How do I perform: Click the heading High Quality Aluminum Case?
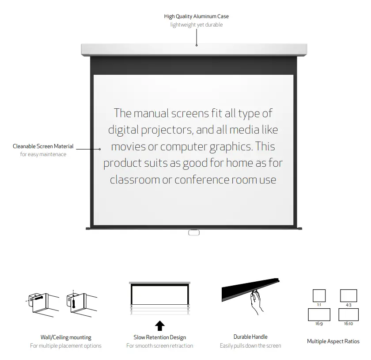[196, 16]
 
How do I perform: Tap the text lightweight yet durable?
[196, 25]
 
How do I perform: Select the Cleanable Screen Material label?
[43, 146]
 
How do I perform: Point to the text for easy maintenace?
[43, 154]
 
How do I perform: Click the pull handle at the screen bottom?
[193, 232]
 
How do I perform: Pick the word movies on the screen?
[132, 146]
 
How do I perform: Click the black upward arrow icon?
[160, 326]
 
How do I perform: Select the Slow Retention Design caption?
[160, 337]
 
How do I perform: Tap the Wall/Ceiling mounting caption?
[66, 337]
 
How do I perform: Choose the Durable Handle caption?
[250, 337]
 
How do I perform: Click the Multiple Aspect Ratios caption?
[333, 341]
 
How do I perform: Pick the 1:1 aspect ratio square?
[319, 295]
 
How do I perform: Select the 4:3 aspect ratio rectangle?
[348, 295]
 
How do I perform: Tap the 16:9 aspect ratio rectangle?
[319, 314]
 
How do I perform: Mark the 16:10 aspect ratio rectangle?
[348, 314]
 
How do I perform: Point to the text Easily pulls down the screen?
[250, 345]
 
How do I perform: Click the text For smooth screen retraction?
[160, 345]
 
